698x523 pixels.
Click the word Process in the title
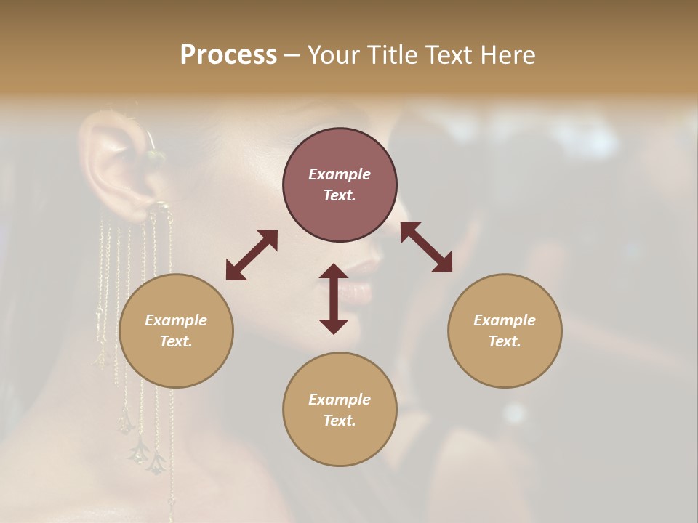tap(228, 55)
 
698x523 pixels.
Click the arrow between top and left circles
tap(252, 255)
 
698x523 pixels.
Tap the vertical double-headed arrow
tap(334, 299)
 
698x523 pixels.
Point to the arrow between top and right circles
tap(427, 247)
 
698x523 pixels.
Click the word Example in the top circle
tap(340, 174)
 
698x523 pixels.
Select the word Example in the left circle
tap(176, 320)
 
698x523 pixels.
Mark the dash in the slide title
tap(292, 55)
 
